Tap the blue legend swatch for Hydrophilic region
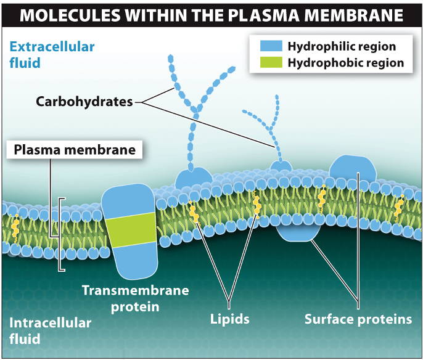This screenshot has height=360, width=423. coord(266,46)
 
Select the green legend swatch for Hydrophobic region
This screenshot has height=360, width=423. coord(266,62)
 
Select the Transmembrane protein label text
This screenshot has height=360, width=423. coord(135,298)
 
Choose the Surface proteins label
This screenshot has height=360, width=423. coord(358,319)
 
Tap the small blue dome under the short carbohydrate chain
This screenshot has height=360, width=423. coord(281,166)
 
